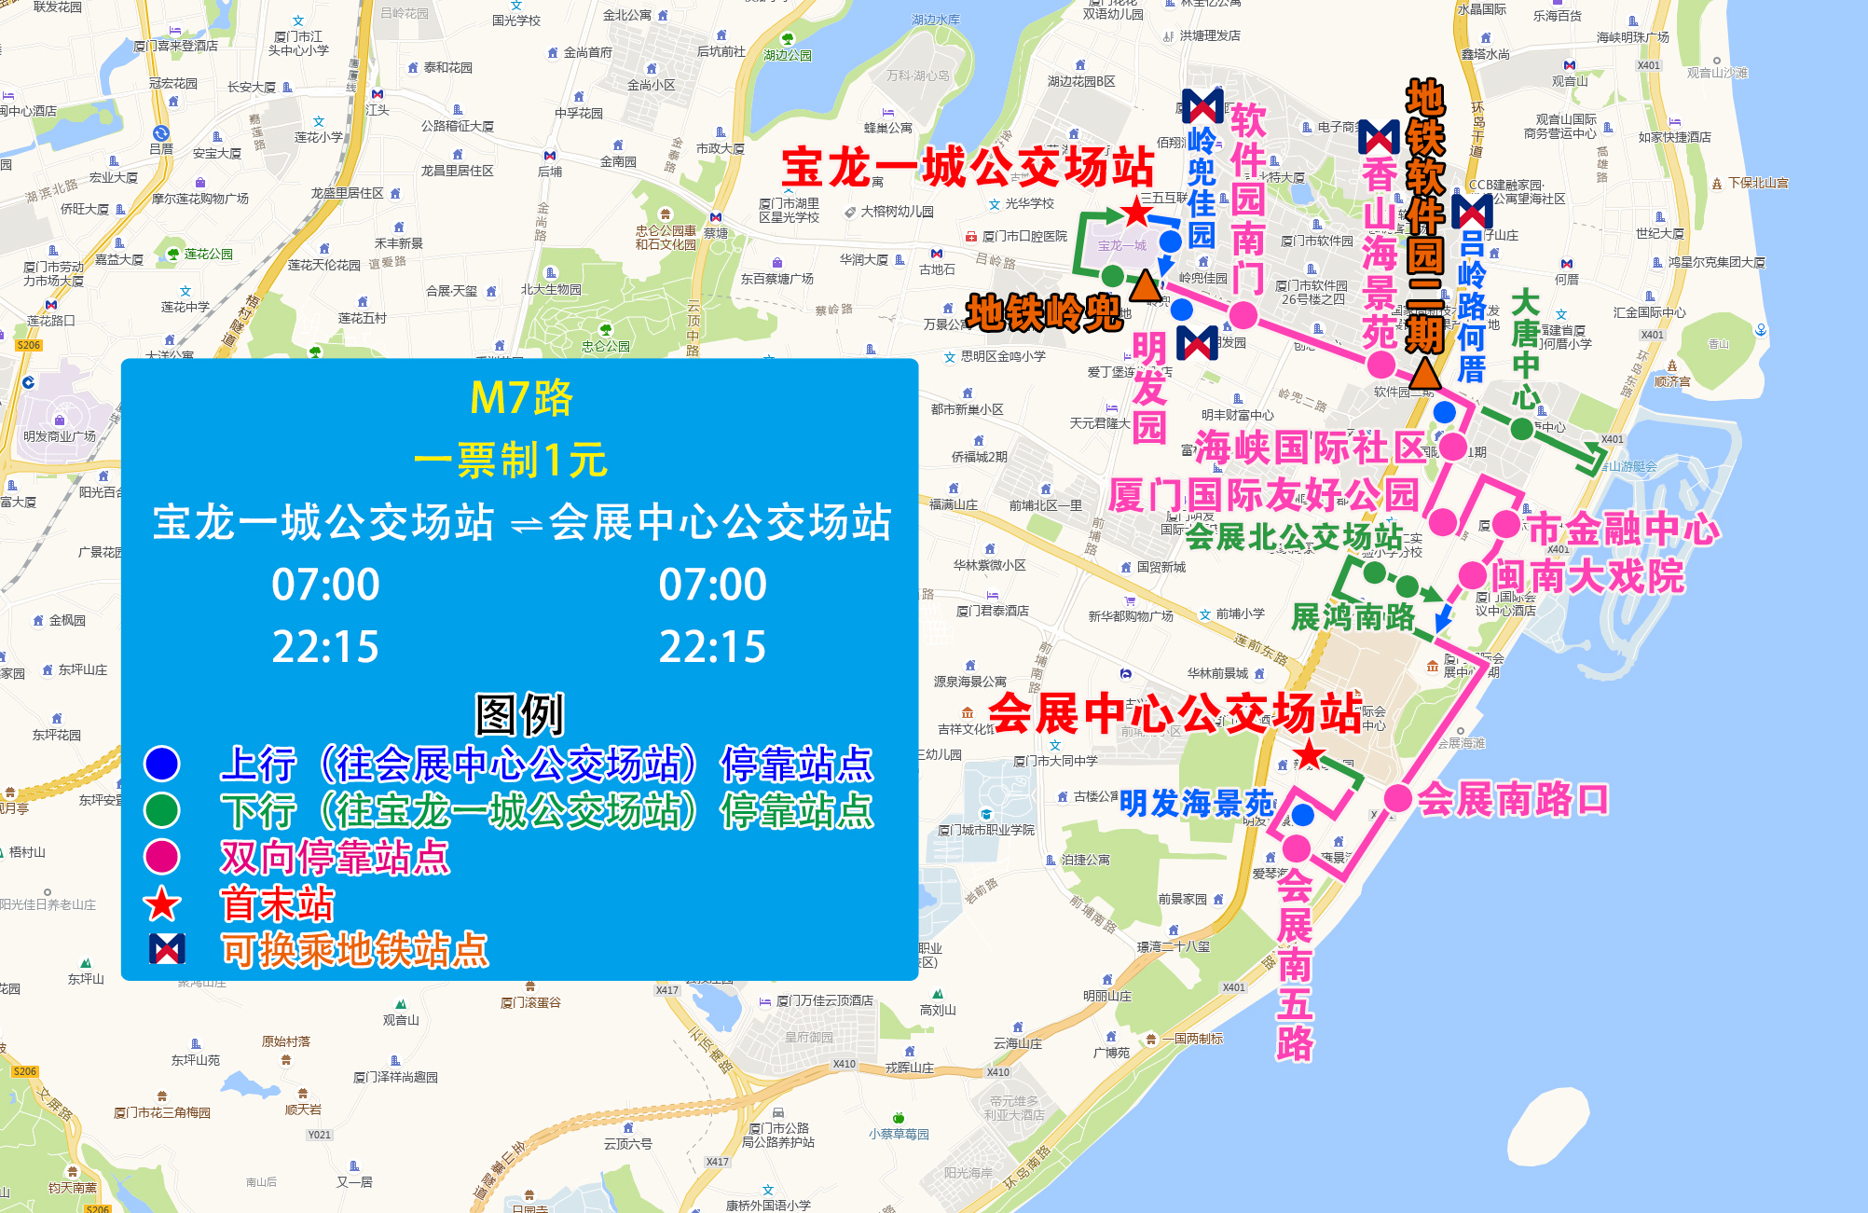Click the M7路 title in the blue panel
pos(521,398)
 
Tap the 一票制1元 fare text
pos(510,461)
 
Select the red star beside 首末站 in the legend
pos(162,903)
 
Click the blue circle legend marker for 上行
pos(162,764)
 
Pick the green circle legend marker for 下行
pos(162,810)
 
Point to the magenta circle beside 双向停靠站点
pos(162,856)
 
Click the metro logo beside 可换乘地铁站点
pos(167,949)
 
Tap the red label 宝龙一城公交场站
pos(968,169)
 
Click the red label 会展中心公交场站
pos(1174,714)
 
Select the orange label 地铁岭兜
pos(1043,313)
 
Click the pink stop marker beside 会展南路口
pos(1397,798)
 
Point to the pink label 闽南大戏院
pos(1586,576)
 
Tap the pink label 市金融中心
pos(1623,530)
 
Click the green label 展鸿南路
pos(1353,617)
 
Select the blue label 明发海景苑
pos(1197,803)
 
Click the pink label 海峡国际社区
pos(1310,448)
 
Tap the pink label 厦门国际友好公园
pos(1263,495)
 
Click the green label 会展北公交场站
pos(1294,536)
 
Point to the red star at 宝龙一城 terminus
pos(1136,213)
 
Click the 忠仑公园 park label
pos(606,346)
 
